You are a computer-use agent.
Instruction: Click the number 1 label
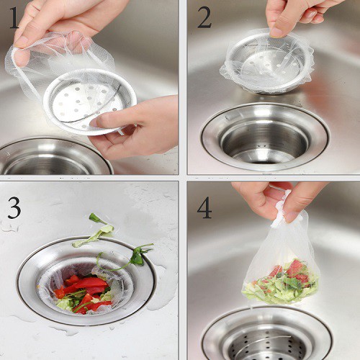(14, 18)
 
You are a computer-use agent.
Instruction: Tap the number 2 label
(204, 17)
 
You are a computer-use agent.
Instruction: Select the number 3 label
(14, 207)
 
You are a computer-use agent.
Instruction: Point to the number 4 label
(204, 207)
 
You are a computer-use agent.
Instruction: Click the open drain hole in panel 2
(264, 142)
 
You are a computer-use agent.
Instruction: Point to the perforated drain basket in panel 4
(268, 343)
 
